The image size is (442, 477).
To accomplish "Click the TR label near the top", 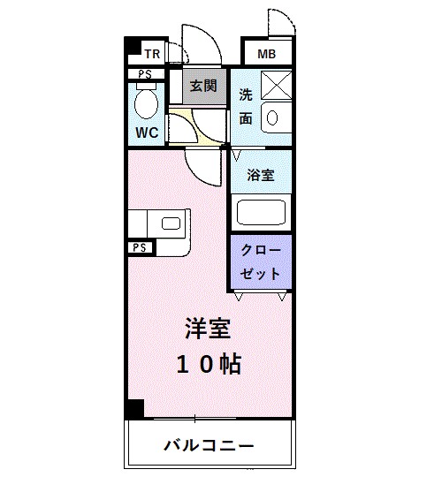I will pyautogui.click(x=151, y=53).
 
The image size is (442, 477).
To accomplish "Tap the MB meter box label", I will pyautogui.click(x=266, y=55).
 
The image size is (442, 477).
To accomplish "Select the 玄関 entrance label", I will pyautogui.click(x=202, y=86).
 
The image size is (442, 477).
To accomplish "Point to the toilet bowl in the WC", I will pyautogui.click(x=147, y=105).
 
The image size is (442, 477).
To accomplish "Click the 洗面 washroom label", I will pyautogui.click(x=246, y=106).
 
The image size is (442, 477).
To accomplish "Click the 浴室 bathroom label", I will pyautogui.click(x=260, y=175).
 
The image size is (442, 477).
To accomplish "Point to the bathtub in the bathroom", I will pyautogui.click(x=261, y=214).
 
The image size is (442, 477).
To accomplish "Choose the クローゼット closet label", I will pyautogui.click(x=260, y=261).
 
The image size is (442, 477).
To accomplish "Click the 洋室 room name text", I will pyautogui.click(x=209, y=329).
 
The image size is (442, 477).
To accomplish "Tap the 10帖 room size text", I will pyautogui.click(x=209, y=364).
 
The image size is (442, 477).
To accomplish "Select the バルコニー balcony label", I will pyautogui.click(x=209, y=444).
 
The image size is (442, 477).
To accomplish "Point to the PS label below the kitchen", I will pyautogui.click(x=139, y=248).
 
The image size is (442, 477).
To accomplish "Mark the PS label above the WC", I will pyautogui.click(x=145, y=75).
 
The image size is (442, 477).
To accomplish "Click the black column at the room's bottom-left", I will pyautogui.click(x=133, y=410).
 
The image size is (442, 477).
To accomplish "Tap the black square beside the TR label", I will pyautogui.click(x=132, y=49).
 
